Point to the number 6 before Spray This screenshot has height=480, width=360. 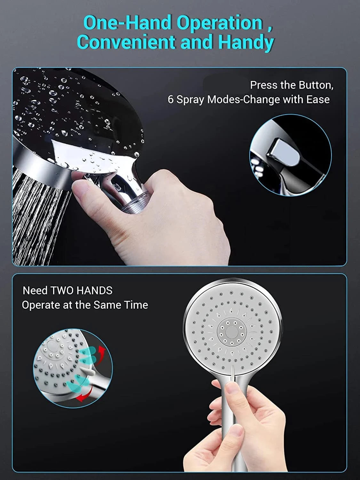[x=171, y=100]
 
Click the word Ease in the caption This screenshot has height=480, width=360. [x=318, y=100]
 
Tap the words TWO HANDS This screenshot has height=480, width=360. [x=81, y=291]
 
